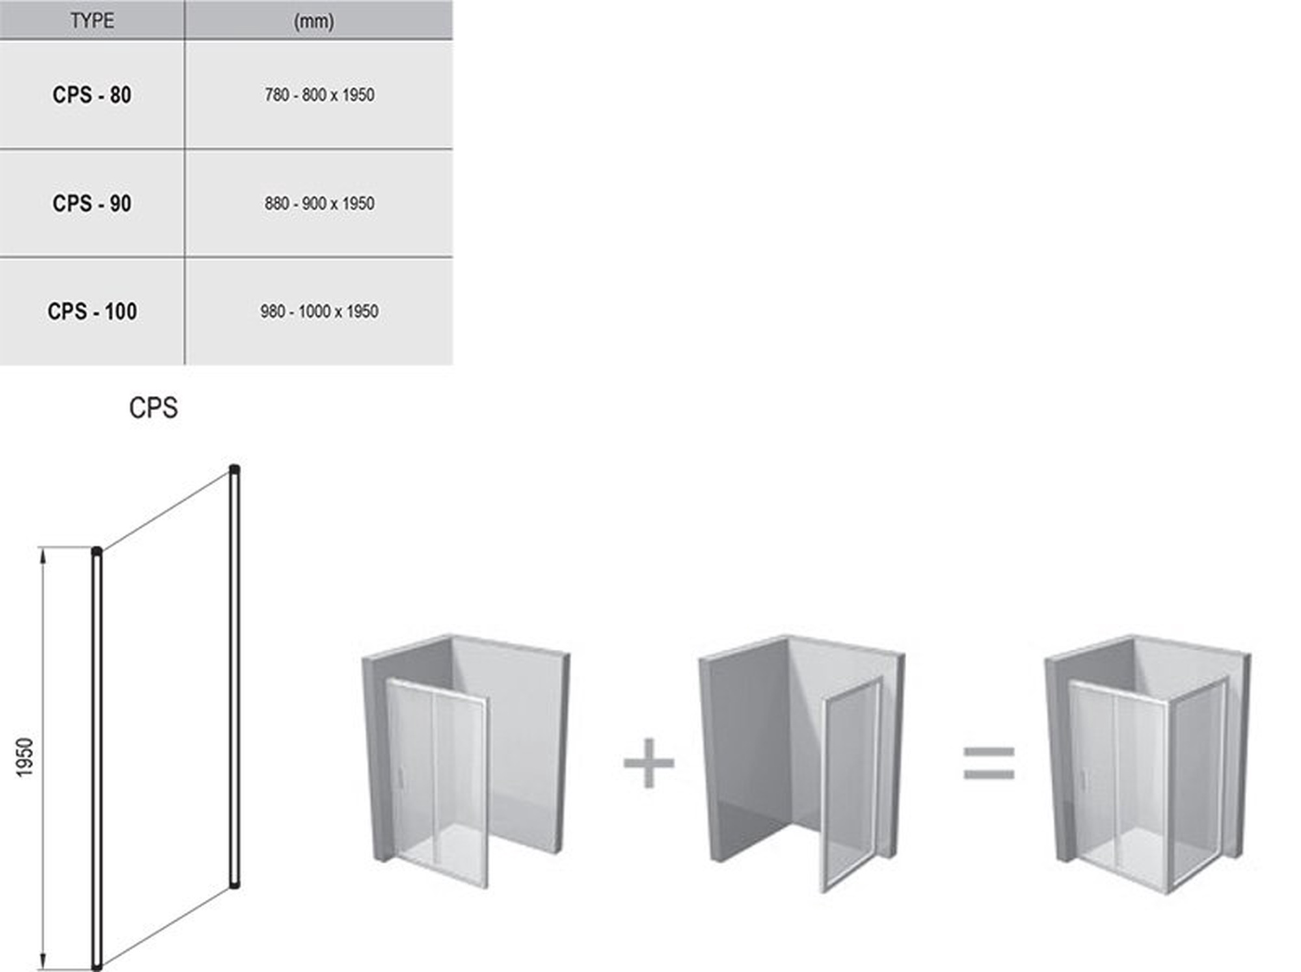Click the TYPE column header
[x=92, y=21]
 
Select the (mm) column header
[x=314, y=21]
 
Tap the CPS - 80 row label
[x=92, y=95]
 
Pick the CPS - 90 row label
[x=92, y=204]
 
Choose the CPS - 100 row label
[x=92, y=311]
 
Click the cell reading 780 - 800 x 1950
[x=319, y=95]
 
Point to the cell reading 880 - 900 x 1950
[x=319, y=204]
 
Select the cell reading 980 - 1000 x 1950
[x=319, y=311]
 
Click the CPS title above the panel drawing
[x=154, y=408]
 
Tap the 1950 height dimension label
[x=24, y=757]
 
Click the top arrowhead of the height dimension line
[x=44, y=555]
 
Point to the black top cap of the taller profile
[x=235, y=469]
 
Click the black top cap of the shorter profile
[x=97, y=552]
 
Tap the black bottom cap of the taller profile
[x=235, y=884]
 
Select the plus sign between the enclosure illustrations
[x=649, y=763]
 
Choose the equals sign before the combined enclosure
[x=989, y=763]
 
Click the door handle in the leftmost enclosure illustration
[x=400, y=778]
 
